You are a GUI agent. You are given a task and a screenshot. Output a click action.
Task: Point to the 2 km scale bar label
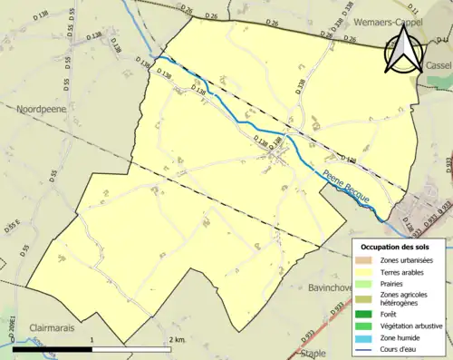pos(177,339)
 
